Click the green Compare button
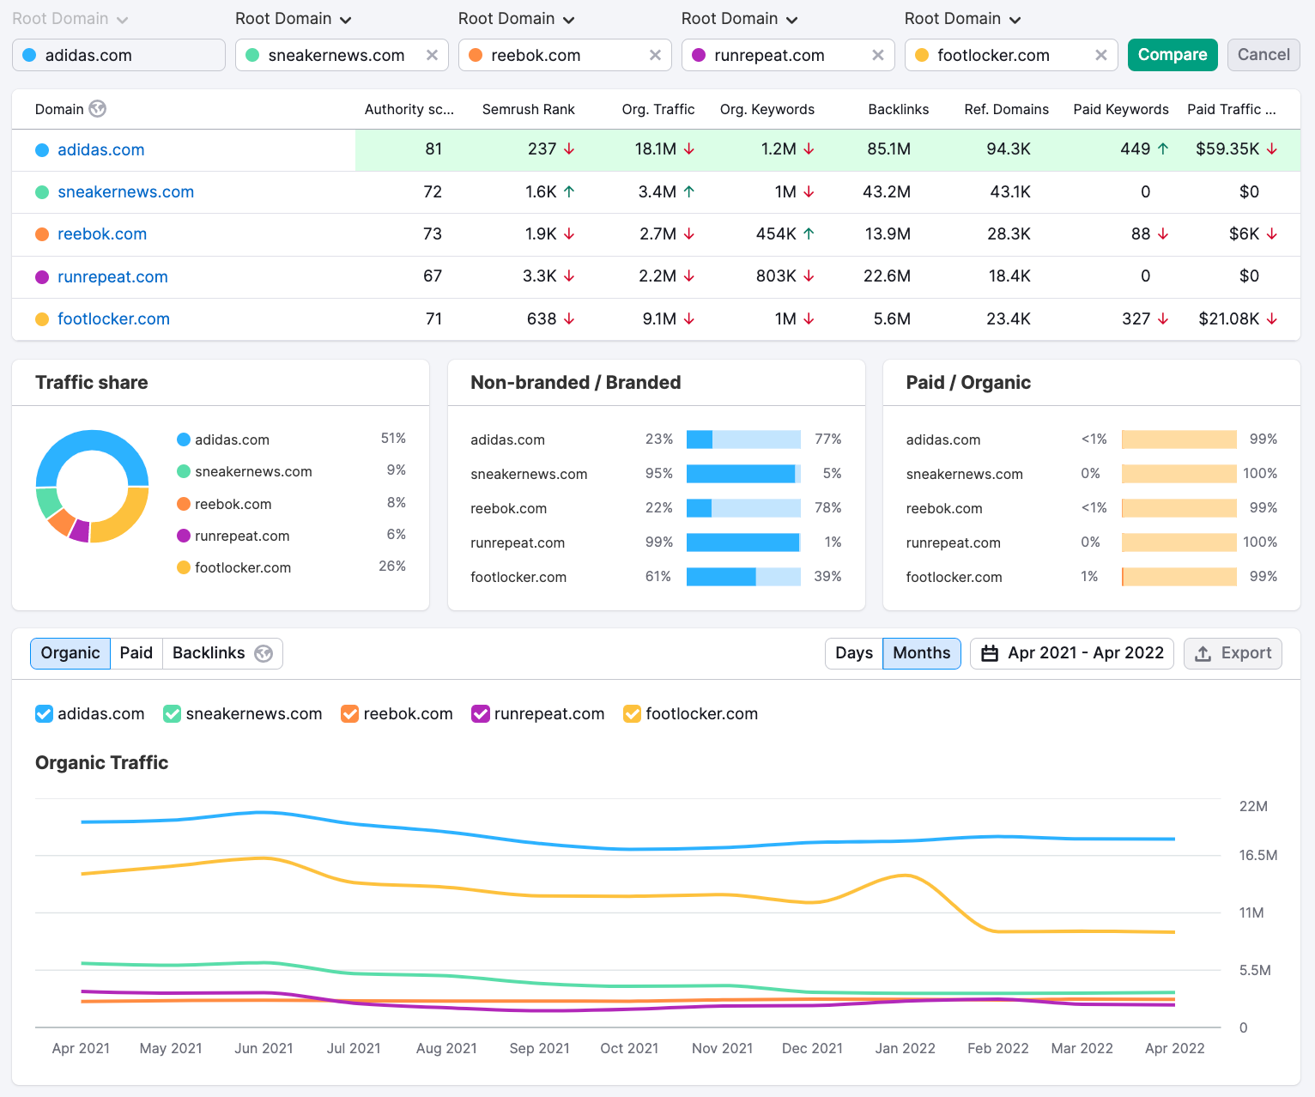[1172, 55]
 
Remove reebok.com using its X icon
[655, 55]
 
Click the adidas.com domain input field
[118, 55]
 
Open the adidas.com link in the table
[100, 149]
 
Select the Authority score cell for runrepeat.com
[433, 276]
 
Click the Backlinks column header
[898, 109]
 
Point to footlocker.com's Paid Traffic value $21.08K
[1228, 319]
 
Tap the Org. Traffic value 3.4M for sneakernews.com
[657, 192]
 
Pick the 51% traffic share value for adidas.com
[393, 439]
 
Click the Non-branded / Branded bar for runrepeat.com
[743, 542]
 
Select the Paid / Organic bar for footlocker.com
[1179, 577]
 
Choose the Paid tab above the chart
[136, 653]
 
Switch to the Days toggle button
[853, 653]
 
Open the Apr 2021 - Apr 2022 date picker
[1072, 653]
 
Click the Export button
[1233, 653]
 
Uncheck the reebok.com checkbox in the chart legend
[349, 714]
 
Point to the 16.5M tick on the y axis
[1257, 855]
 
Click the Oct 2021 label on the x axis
[629, 1048]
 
